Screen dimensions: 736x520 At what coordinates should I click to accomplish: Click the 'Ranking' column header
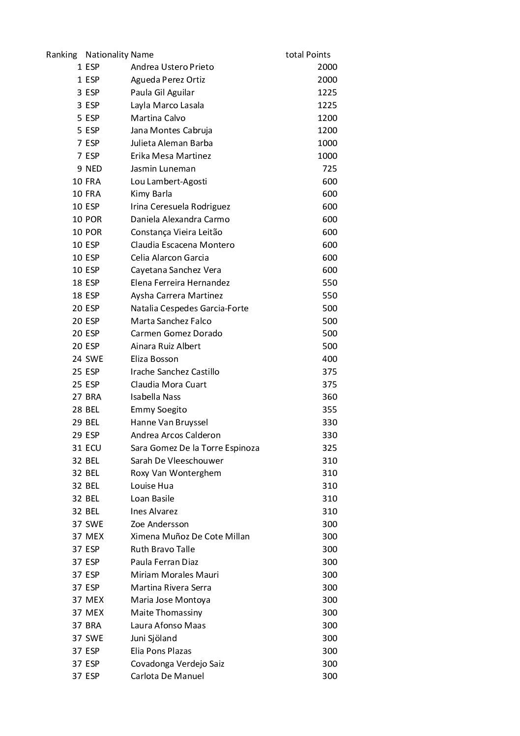point(61,55)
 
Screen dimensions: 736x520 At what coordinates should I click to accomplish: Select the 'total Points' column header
point(308,55)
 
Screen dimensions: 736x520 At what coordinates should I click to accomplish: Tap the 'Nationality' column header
point(107,55)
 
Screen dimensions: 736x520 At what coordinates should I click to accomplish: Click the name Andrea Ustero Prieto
point(172,67)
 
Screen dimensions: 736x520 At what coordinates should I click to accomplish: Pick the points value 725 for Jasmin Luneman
point(329,169)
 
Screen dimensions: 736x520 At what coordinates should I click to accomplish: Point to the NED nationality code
point(93,169)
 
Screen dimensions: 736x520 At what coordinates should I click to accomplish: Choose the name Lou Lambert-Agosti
point(169,181)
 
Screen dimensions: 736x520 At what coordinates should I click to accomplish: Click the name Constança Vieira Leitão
point(176,232)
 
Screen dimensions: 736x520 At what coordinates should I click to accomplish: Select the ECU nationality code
point(93,448)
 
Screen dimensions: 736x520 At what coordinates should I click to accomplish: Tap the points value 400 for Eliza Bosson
point(329,359)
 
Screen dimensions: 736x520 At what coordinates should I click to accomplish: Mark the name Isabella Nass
point(155,397)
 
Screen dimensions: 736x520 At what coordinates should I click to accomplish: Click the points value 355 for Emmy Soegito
point(329,410)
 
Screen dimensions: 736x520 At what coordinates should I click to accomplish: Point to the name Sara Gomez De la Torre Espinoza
point(195,448)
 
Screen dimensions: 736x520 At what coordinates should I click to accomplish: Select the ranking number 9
point(79,169)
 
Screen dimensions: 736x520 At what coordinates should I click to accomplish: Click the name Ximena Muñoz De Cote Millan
point(190,536)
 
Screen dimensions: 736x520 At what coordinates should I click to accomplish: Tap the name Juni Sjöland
point(153,638)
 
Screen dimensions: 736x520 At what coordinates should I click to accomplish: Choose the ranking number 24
point(77,359)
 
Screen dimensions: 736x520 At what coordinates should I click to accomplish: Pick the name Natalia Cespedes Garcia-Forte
point(189,308)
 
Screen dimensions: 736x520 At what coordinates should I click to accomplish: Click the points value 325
point(329,448)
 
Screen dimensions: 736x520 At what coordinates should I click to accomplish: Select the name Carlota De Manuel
point(167,676)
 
